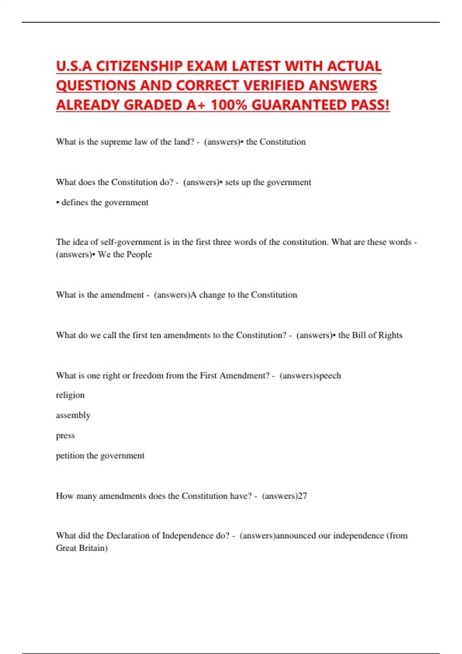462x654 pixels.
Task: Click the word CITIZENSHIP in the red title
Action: coord(139,66)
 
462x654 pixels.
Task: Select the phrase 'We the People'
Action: coord(125,254)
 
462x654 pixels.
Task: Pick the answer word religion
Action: coord(70,395)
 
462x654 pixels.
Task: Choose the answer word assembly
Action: coord(73,415)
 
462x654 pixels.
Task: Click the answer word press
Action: coord(65,435)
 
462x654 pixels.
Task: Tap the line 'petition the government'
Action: coord(100,455)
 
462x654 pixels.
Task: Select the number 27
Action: coord(303,496)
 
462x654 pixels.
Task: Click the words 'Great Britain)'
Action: coord(82,548)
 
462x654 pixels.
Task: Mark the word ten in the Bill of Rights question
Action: coord(155,335)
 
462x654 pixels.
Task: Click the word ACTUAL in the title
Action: coord(354,66)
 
